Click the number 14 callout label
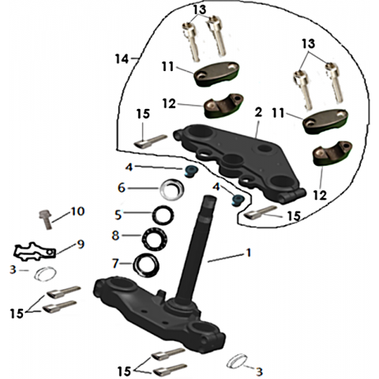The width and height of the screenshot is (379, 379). click(x=122, y=59)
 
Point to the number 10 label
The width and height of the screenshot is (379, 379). click(x=77, y=211)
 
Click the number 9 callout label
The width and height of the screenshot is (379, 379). click(x=81, y=244)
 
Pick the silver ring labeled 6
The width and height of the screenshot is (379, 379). click(x=171, y=188)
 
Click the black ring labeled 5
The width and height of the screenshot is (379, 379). click(x=163, y=215)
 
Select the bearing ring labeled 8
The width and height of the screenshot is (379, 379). click(x=155, y=238)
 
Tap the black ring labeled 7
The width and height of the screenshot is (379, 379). click(x=146, y=265)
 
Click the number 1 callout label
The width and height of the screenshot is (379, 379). click(x=248, y=253)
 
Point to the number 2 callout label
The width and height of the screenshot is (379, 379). click(x=258, y=112)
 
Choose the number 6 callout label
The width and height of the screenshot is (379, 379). click(x=122, y=188)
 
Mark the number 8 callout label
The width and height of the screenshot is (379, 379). click(x=115, y=235)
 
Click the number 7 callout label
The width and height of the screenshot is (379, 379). click(x=115, y=263)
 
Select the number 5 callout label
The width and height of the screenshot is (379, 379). click(x=118, y=215)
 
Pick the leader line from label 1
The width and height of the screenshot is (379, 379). click(x=225, y=257)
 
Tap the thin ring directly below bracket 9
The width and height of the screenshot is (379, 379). click(x=45, y=273)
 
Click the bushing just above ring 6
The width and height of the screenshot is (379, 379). click(x=189, y=171)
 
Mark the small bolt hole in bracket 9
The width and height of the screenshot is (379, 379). click(x=51, y=253)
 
